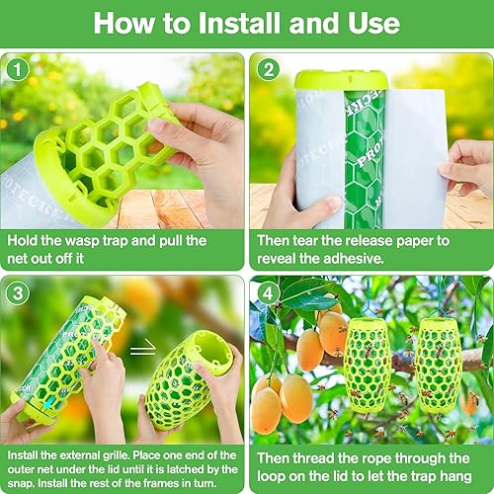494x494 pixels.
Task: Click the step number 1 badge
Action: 18,69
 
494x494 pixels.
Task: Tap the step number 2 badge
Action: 267,69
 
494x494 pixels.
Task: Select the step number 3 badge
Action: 18,292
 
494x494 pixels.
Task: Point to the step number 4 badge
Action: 267,292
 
